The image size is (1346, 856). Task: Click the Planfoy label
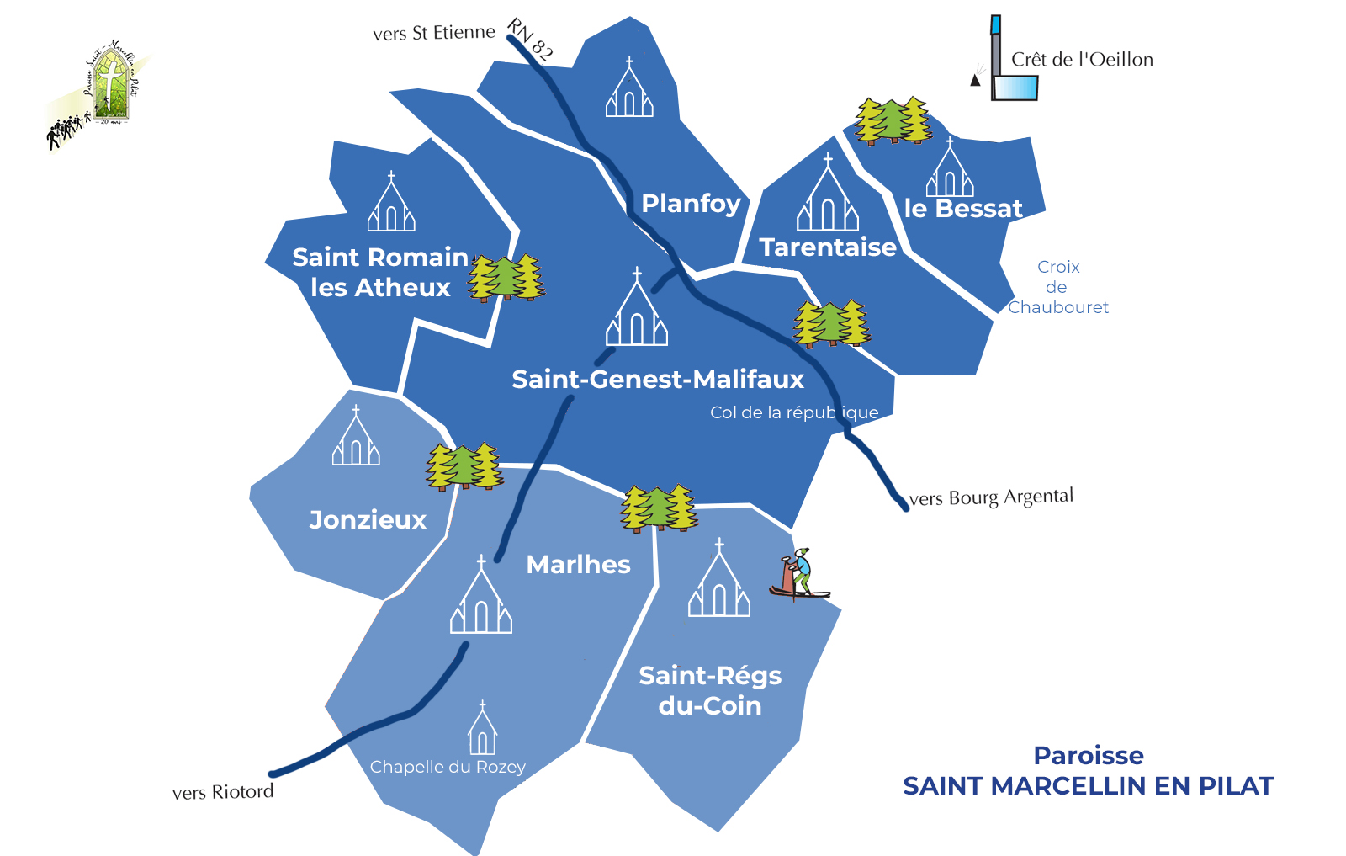691,204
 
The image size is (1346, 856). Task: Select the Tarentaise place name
828,247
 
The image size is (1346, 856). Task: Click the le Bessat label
963,209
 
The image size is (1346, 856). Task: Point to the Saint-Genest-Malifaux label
658,380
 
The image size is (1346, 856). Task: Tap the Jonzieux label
368,520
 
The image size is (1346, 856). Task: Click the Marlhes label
578,565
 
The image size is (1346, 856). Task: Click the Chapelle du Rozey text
448,767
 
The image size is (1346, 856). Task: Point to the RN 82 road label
530,40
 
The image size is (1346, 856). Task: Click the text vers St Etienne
434,33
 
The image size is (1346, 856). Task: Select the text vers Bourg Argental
991,497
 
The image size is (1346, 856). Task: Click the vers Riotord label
223,792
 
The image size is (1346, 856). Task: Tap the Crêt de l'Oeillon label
1082,60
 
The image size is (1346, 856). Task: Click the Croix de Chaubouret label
1058,287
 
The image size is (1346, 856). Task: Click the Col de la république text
794,412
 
